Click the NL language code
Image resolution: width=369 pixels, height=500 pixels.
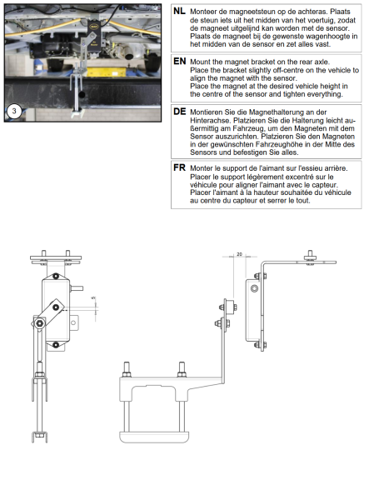(179, 11)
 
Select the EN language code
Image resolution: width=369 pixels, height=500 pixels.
(180, 61)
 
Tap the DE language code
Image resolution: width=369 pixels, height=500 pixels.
(180, 112)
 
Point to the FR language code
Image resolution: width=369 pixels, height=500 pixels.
(179, 167)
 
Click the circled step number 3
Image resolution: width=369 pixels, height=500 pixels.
(14, 112)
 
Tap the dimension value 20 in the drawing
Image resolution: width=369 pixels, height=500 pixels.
(240, 254)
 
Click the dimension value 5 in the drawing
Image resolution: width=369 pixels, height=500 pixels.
(93, 297)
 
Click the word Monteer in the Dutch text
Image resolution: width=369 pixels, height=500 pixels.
(202, 12)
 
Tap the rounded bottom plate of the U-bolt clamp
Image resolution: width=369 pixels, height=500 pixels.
(154, 437)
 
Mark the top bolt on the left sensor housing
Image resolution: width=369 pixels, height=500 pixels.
(56, 276)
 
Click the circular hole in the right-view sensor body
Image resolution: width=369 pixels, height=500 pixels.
(254, 288)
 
